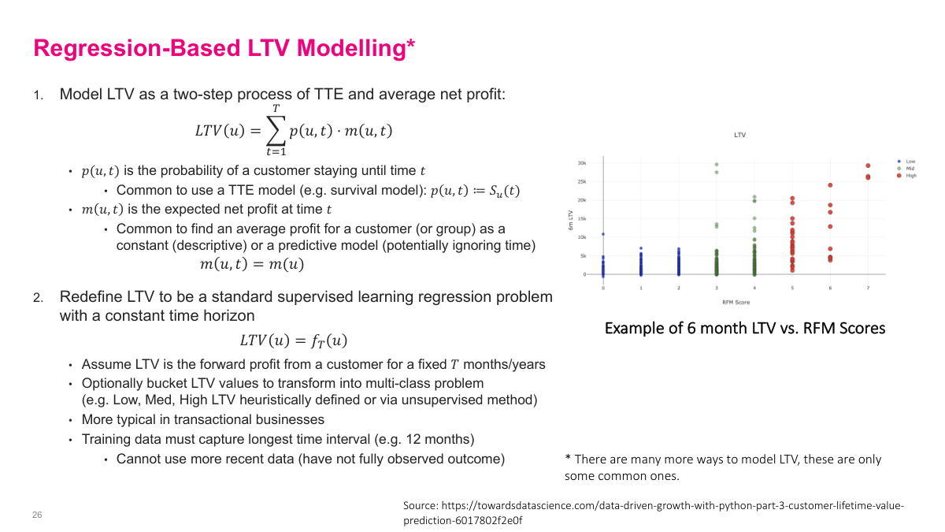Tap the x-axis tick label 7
tap(868, 288)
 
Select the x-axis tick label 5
tap(792, 288)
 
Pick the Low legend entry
tap(910, 162)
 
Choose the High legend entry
tap(911, 176)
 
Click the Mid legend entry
tap(910, 169)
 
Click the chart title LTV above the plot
tap(739, 135)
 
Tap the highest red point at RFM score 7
tap(868, 166)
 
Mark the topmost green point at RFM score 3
tap(717, 165)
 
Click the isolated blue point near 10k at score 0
tap(603, 234)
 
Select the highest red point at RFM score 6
tap(830, 185)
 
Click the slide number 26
tap(37, 515)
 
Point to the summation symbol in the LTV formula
tap(276, 130)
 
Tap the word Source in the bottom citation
tap(421, 505)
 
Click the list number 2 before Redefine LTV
tap(38, 299)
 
